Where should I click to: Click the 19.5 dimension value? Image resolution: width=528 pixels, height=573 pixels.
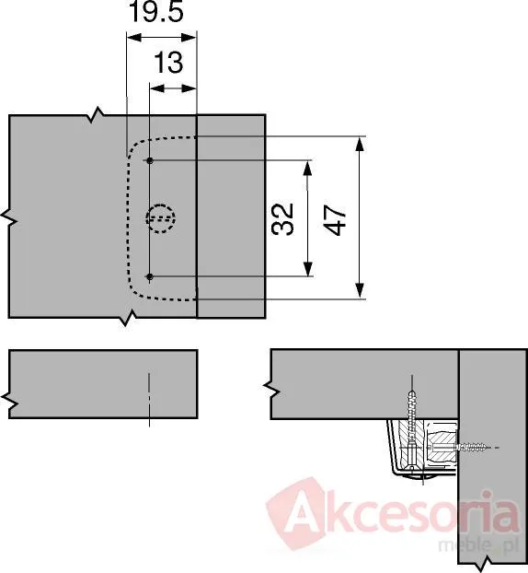point(155,11)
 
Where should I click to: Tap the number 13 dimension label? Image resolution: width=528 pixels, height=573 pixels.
point(168,63)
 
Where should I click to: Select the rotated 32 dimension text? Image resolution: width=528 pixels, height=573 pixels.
point(282,218)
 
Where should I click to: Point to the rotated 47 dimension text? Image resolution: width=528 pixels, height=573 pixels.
point(335,220)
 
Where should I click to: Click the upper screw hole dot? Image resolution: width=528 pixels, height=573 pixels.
point(150,160)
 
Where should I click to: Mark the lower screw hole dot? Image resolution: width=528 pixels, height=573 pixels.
point(150,276)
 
